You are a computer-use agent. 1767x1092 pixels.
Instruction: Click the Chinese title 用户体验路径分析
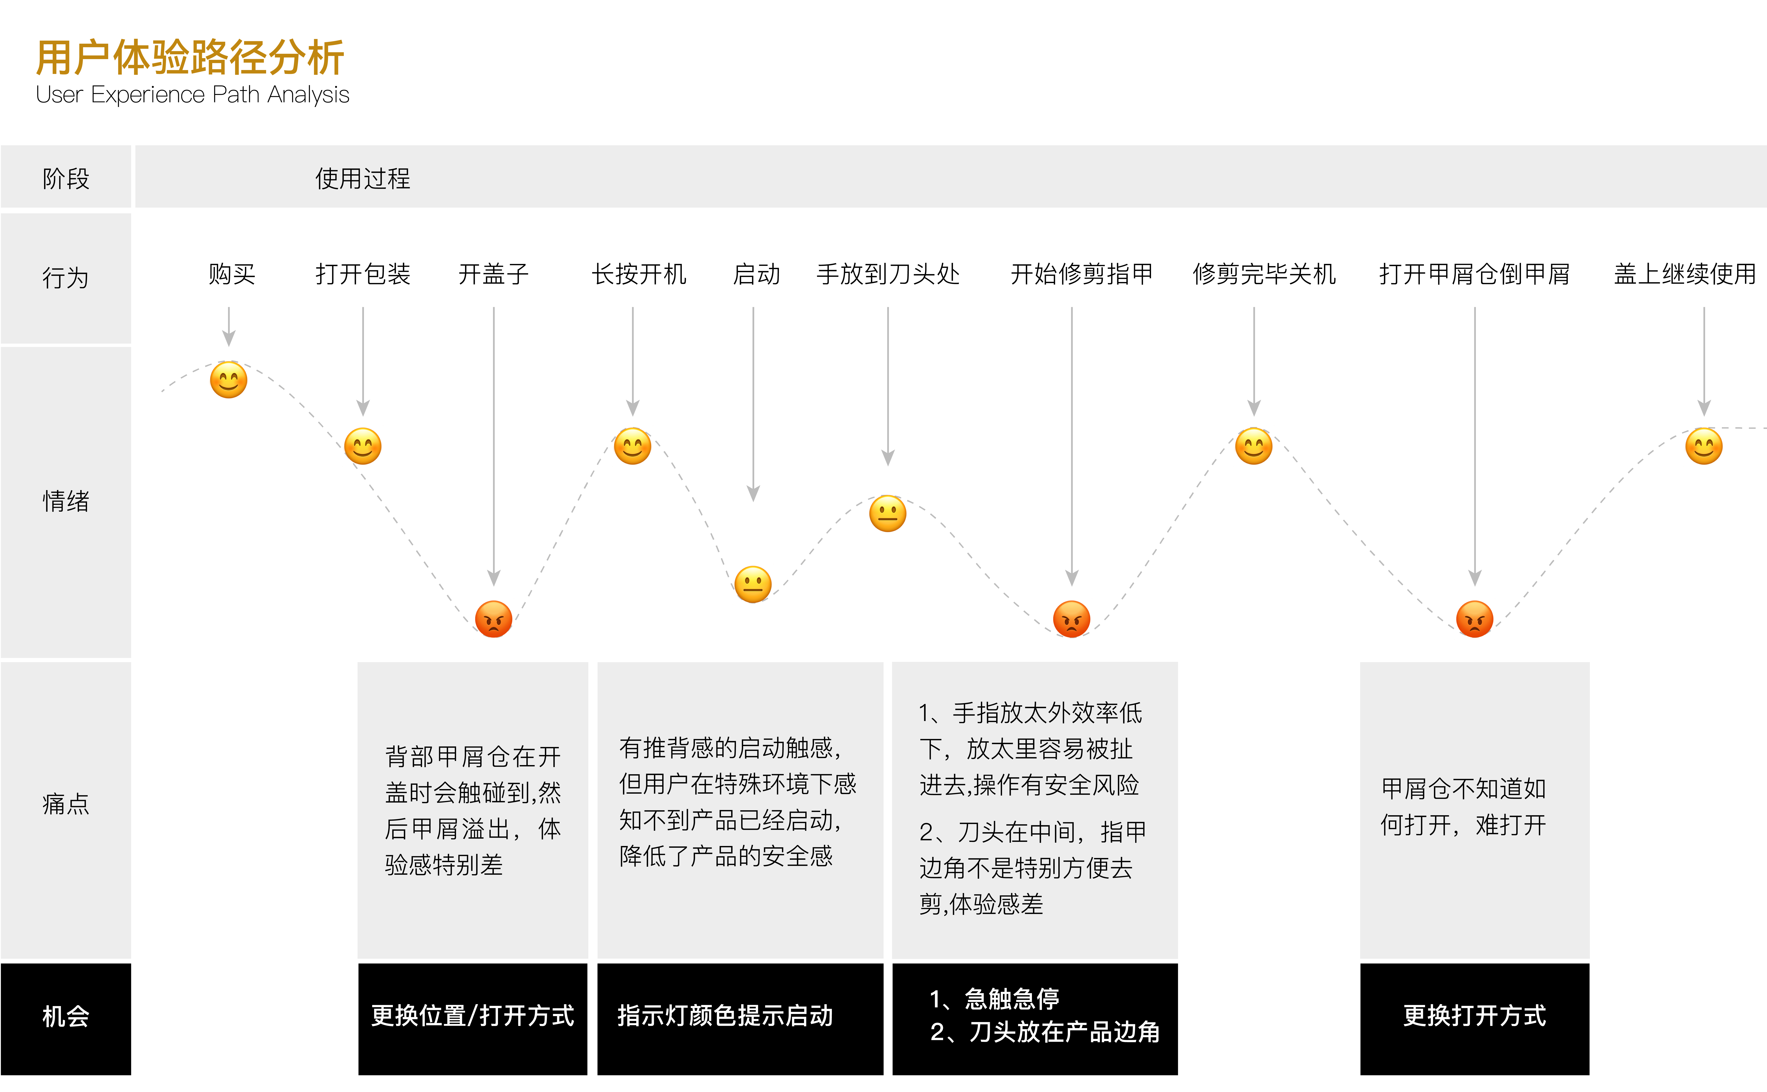point(190,58)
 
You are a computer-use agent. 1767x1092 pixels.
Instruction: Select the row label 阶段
point(66,178)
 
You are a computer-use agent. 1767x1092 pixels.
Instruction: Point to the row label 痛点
point(66,803)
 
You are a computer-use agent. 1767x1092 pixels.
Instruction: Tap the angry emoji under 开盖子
point(494,619)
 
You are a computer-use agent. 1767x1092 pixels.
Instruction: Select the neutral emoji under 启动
point(753,584)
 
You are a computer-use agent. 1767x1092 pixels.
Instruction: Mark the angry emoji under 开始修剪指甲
point(1072,619)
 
